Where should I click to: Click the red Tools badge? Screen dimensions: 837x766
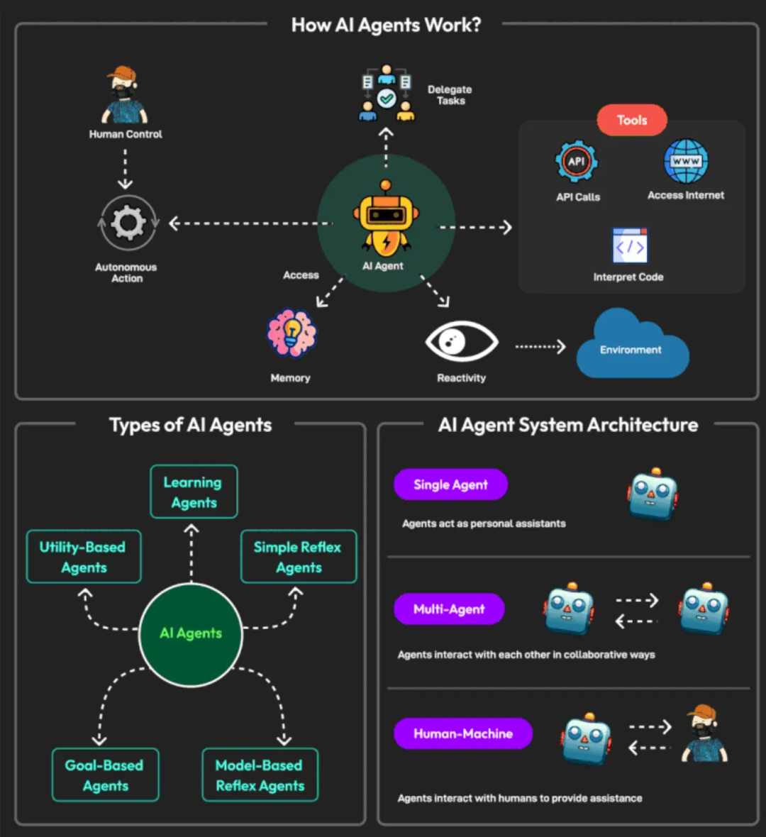632,120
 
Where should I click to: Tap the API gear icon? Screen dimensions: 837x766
576,162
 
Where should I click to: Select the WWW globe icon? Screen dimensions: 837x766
686,161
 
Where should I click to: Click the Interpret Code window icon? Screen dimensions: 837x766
630,246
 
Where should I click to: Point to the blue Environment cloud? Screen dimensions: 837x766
631,347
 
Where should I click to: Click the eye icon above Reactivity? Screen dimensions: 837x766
461,342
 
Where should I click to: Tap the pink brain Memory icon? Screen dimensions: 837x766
292,333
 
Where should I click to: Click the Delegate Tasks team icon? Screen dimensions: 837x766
386,93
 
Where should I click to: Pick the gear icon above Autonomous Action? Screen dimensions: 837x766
128,223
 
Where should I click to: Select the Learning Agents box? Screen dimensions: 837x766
194,492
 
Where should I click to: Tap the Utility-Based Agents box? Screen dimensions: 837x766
84,557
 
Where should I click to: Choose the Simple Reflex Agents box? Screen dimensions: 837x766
299,557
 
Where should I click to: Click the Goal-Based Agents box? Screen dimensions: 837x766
105,775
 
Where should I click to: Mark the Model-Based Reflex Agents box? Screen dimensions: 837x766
260,775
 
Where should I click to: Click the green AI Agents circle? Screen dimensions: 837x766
191,633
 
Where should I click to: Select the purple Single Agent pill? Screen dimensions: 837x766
450,484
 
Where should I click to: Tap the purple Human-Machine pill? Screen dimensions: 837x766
463,733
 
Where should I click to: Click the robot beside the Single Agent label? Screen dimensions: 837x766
653,494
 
